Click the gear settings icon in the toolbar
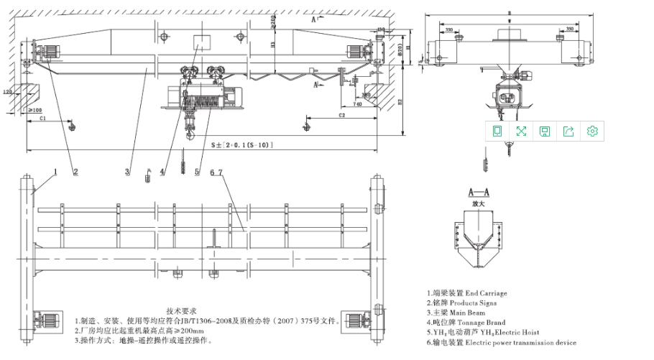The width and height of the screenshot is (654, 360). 593,131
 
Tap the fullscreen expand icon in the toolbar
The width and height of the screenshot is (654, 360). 521,131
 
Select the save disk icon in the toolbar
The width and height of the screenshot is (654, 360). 545,131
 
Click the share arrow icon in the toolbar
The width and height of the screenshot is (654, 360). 568,131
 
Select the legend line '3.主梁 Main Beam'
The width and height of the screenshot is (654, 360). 456,313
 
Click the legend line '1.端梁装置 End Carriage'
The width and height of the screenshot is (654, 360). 466,293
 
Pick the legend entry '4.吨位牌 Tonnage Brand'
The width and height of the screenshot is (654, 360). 466,323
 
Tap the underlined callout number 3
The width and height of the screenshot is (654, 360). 127,172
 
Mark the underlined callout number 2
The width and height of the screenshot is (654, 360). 75,172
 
